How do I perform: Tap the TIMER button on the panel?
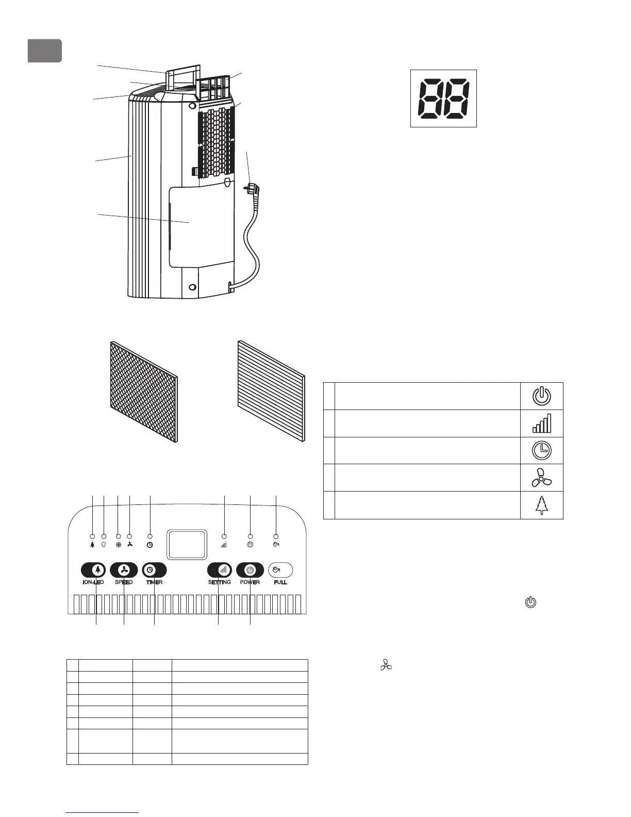click(154, 570)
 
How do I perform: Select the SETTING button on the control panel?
click(220, 570)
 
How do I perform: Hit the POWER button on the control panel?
click(250, 570)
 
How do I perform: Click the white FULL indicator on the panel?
click(280, 570)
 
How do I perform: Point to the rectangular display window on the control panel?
click(188, 545)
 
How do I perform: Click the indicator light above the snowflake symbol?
click(118, 536)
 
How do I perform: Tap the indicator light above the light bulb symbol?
click(104, 536)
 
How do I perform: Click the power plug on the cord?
click(253, 190)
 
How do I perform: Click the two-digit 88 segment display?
click(443, 99)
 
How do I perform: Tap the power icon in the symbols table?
click(541, 396)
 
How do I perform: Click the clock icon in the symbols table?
click(541, 450)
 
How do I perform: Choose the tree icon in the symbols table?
click(541, 505)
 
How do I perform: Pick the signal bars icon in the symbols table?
click(541, 423)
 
